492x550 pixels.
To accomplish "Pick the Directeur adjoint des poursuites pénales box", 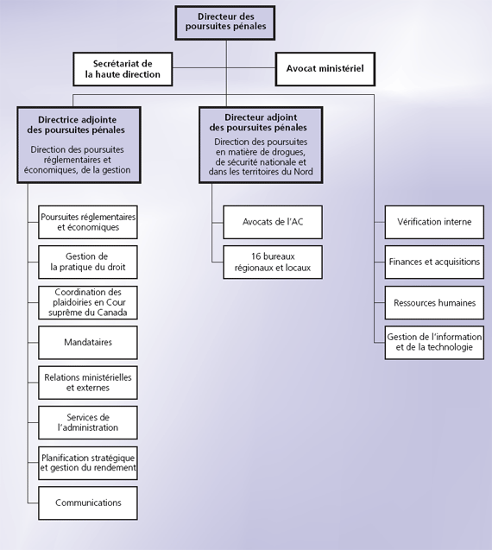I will pyautogui.click(x=261, y=143).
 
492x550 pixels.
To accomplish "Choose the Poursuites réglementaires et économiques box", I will pyautogui.click(x=88, y=223).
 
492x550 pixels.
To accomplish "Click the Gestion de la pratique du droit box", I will pyautogui.click(x=88, y=262).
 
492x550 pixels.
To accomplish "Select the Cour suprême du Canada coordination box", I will pyautogui.click(x=88, y=303).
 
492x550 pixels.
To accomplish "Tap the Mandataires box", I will pyautogui.click(x=88, y=343).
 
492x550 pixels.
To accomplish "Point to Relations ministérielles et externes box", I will pyautogui.click(x=88, y=382).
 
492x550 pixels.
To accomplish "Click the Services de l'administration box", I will pyautogui.click(x=88, y=422).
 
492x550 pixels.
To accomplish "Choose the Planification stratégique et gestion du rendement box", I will pyautogui.click(x=88, y=463).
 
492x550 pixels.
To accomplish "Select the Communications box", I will pyautogui.click(x=88, y=503).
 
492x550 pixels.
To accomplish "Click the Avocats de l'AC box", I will pyautogui.click(x=273, y=223).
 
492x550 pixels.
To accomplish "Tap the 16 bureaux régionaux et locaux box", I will pyautogui.click(x=273, y=262).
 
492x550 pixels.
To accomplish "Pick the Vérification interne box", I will pyautogui.click(x=434, y=223).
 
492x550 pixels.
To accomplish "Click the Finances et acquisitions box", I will pyautogui.click(x=434, y=262).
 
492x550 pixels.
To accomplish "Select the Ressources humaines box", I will pyautogui.click(x=434, y=303).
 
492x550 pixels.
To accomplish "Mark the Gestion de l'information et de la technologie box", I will pyautogui.click(x=434, y=343).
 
